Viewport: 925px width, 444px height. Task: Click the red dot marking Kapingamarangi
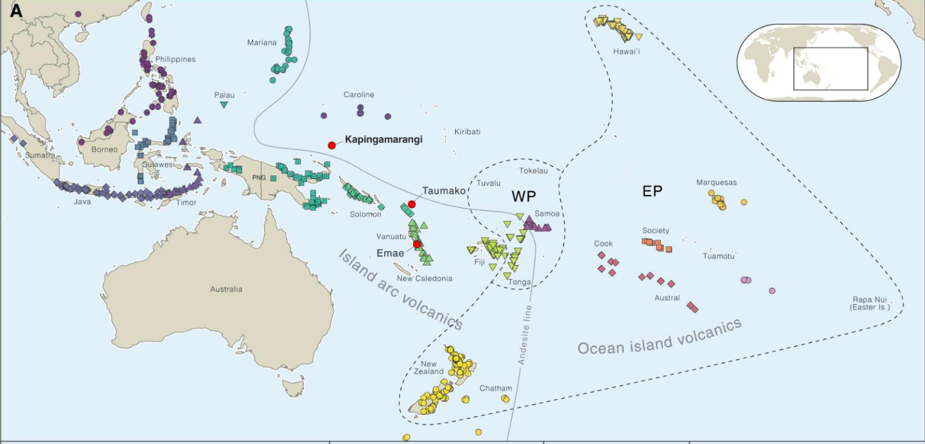(x=332, y=145)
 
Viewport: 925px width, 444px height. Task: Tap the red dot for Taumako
(x=412, y=204)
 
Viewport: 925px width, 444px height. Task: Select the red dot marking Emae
(x=417, y=244)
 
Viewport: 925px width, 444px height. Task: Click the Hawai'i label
(x=627, y=51)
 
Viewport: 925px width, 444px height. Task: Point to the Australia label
(x=226, y=289)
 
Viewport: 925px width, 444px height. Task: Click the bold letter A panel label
(x=16, y=10)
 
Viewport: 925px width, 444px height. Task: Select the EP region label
(x=652, y=191)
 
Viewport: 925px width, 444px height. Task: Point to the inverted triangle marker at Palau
(x=224, y=105)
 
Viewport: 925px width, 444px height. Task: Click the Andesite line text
(x=525, y=334)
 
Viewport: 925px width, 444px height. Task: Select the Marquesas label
(x=716, y=182)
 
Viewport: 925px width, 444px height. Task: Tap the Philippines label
(x=175, y=59)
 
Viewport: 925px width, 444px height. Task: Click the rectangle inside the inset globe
(x=830, y=68)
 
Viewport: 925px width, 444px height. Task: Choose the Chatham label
(x=495, y=388)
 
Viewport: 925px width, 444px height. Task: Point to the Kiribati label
(x=467, y=132)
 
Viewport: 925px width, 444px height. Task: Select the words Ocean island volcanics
(x=659, y=338)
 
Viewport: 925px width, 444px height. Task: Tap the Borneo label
(x=105, y=149)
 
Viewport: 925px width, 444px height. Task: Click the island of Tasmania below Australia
(x=293, y=388)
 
